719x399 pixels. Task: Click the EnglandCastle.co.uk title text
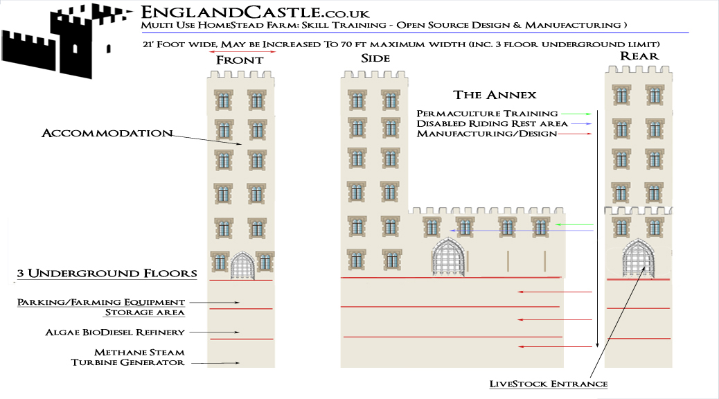[x=255, y=12]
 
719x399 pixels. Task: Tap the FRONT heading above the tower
[x=240, y=60]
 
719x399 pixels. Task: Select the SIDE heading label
[x=375, y=58]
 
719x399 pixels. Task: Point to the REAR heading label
[x=639, y=56]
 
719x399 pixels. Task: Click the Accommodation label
[x=107, y=133]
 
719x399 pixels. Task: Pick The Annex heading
[x=495, y=95]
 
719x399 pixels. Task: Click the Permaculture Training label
[x=487, y=114]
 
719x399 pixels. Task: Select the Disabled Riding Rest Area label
[x=492, y=123]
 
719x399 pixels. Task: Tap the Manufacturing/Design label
[x=486, y=134]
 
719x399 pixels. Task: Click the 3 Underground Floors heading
[x=107, y=274]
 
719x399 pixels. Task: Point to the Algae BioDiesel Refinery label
[x=114, y=332]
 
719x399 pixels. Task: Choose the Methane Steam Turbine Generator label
[x=128, y=357]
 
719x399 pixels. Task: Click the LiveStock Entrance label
[x=549, y=384]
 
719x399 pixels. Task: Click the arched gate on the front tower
[x=242, y=265]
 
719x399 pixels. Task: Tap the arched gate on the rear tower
[x=638, y=258]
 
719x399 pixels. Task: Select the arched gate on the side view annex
[x=448, y=257]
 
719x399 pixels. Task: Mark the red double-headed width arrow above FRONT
[x=242, y=52]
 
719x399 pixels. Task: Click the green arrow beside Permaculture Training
[x=576, y=114]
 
